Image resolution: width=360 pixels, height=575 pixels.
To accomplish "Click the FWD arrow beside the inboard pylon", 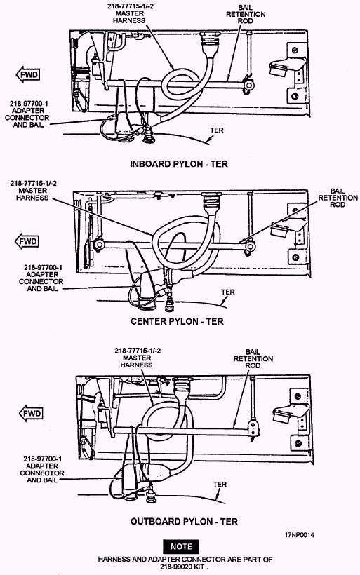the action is click(28, 75).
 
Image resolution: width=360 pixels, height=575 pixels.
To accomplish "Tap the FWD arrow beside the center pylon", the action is click(27, 241).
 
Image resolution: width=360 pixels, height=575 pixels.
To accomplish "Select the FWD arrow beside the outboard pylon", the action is click(31, 414).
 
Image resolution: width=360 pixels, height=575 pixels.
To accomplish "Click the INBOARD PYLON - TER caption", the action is click(179, 164).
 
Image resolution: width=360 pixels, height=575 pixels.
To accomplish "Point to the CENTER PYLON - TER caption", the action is click(177, 321).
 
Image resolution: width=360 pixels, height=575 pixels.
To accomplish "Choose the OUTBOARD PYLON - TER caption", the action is click(184, 521).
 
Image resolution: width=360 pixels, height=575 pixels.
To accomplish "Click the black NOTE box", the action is click(181, 546).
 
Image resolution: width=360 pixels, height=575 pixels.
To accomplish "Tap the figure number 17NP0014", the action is click(299, 535).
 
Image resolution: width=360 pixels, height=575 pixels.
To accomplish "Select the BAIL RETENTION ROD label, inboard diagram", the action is click(246, 14).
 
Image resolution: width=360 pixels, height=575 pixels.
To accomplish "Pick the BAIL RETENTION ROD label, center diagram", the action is click(338, 198).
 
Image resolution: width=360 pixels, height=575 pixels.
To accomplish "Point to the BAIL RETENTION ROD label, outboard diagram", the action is click(253, 358).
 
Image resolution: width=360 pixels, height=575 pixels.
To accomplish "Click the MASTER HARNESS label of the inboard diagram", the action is click(129, 13).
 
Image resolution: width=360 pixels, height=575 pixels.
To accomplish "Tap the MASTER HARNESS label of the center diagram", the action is click(33, 191).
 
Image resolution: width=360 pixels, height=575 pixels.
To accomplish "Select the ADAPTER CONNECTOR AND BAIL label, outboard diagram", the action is click(42, 469).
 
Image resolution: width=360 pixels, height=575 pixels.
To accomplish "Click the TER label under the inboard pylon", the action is click(217, 130).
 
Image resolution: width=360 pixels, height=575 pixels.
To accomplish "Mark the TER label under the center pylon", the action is click(227, 292).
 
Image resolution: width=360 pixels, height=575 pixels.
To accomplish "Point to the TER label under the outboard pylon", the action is click(220, 485).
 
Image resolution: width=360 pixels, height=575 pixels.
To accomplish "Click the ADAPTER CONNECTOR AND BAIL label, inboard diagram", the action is click(27, 114).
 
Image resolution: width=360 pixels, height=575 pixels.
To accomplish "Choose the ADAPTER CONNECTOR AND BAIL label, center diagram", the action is click(41, 278).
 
